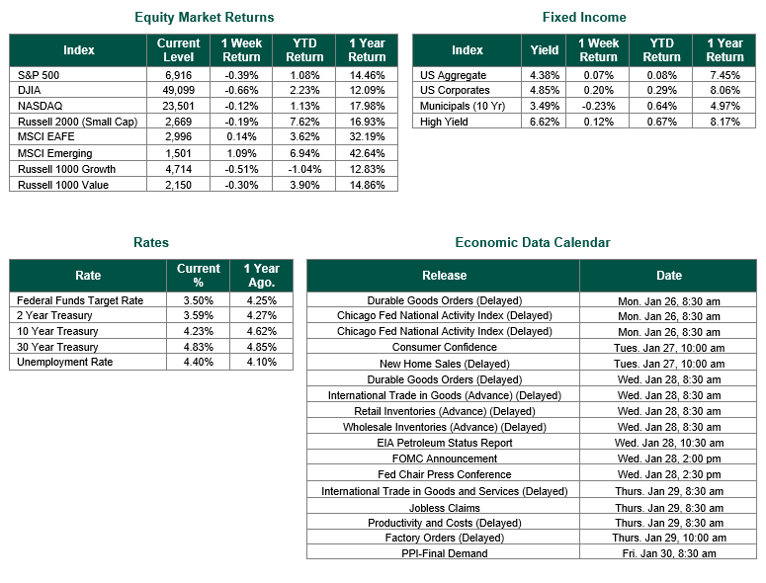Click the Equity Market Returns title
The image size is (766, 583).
point(204,18)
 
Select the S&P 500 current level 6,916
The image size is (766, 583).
point(179,74)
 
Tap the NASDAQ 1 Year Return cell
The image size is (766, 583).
point(367,106)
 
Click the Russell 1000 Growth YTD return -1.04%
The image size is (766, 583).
point(304,169)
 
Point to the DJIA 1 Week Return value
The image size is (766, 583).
point(242,90)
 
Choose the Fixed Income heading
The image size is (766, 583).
point(584,18)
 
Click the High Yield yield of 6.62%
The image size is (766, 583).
point(545,122)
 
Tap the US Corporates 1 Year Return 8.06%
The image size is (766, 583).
point(724,90)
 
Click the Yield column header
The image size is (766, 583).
point(545,50)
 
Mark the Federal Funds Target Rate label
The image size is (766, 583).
point(80,300)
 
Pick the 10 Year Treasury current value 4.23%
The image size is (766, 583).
point(198,332)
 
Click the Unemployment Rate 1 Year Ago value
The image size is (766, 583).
point(261,363)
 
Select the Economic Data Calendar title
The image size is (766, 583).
point(533,243)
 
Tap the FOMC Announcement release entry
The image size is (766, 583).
point(445,458)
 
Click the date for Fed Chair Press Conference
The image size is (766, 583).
point(668,474)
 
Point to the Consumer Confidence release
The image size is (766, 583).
point(445,348)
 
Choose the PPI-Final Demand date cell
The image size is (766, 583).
point(668,553)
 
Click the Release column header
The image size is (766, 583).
point(445,276)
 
